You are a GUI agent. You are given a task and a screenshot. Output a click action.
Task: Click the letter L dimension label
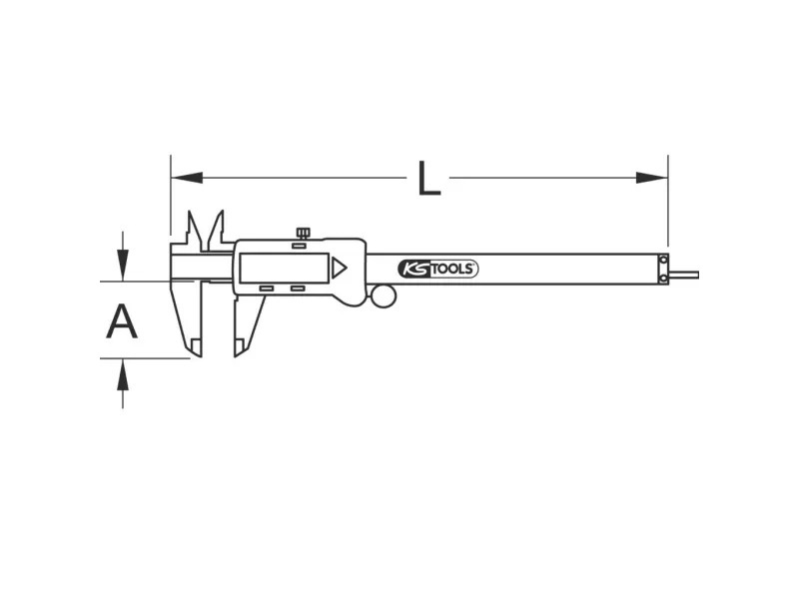(x=429, y=179)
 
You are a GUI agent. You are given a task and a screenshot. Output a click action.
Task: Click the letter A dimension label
(x=122, y=320)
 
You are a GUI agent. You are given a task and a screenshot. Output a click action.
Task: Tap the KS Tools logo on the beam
(x=437, y=269)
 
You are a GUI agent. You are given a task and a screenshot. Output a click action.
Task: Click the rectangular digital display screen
(x=284, y=268)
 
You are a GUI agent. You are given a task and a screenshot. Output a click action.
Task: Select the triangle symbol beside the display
(x=339, y=268)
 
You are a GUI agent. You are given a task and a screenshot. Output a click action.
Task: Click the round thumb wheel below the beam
(x=384, y=297)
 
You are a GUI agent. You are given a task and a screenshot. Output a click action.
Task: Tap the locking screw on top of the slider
(x=303, y=234)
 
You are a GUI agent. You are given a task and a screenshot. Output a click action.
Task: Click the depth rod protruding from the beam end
(x=683, y=276)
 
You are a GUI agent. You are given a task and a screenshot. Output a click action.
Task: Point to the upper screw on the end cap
(x=663, y=261)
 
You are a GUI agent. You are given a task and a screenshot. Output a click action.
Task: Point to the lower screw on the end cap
(x=663, y=279)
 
